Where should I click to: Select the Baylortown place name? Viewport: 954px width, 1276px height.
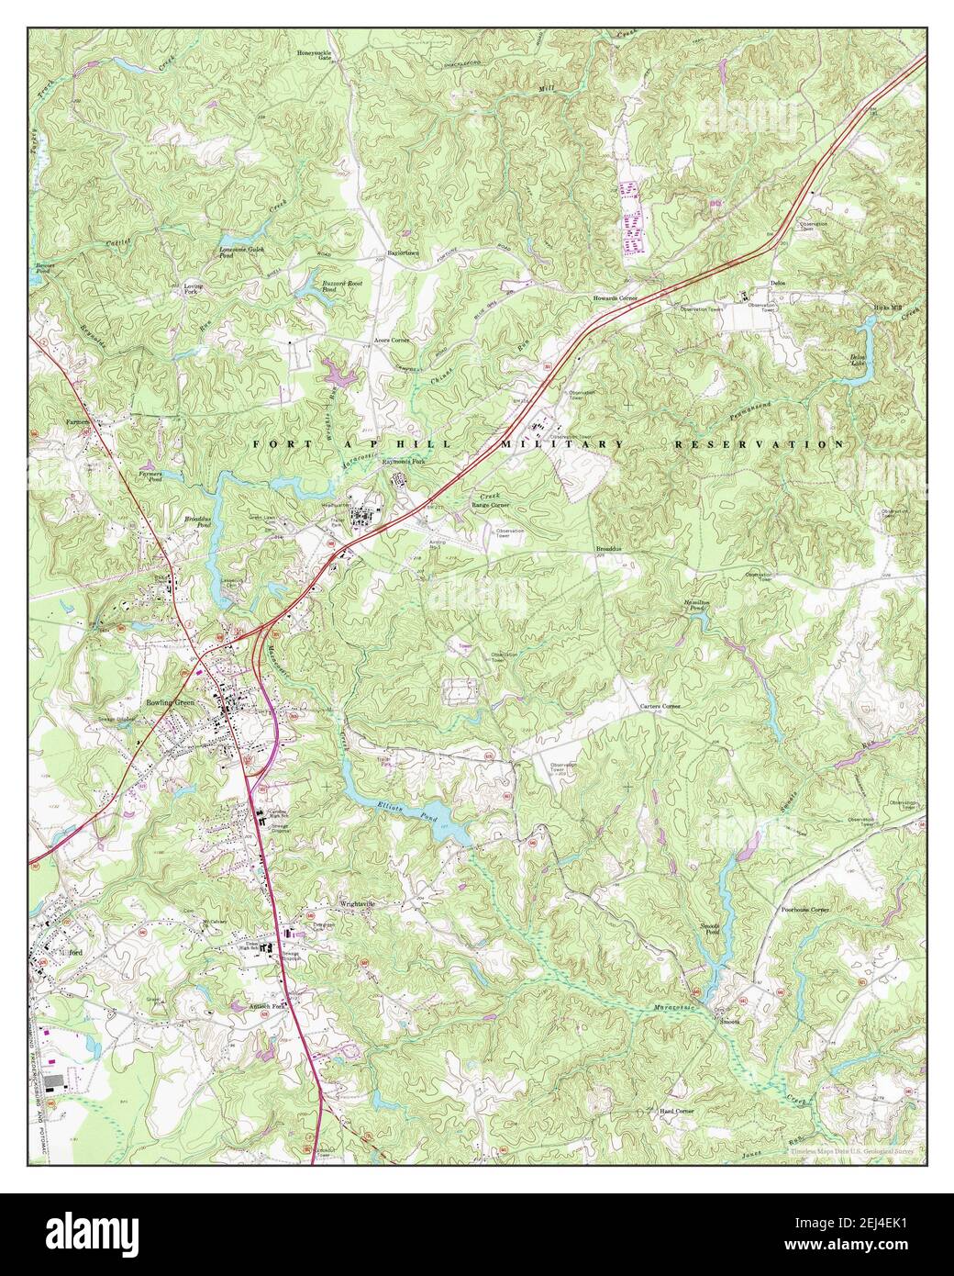click(x=402, y=251)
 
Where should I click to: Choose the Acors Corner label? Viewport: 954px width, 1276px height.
click(x=392, y=339)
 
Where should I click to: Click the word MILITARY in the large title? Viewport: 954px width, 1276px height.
click(x=560, y=444)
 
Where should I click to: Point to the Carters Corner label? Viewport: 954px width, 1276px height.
click(x=660, y=706)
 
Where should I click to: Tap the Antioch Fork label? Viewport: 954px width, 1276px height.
click(x=268, y=1005)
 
